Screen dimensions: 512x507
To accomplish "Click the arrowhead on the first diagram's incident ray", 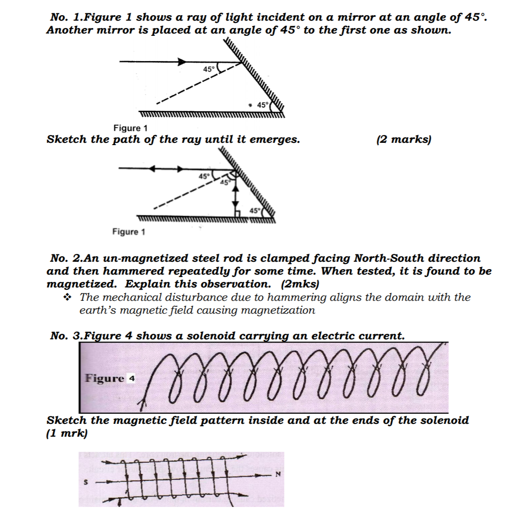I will pyautogui.click(x=183, y=61).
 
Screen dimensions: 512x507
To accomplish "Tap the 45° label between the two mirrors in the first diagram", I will pyautogui.click(x=262, y=105).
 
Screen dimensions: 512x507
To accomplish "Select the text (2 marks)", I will pyautogui.click(x=403, y=139).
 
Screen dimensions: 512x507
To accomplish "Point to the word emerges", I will pyautogui.click(x=276, y=139).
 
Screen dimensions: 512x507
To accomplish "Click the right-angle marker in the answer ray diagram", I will pyautogui.click(x=238, y=212).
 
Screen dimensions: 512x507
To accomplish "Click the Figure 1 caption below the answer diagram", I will pyautogui.click(x=128, y=232).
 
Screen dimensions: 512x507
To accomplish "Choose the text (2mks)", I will pyautogui.click(x=300, y=284).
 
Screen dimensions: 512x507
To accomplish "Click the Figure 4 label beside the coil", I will pyautogui.click(x=110, y=378).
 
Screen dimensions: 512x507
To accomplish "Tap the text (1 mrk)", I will pyautogui.click(x=67, y=433).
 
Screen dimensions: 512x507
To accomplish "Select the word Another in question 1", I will pyautogui.click(x=68, y=30).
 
